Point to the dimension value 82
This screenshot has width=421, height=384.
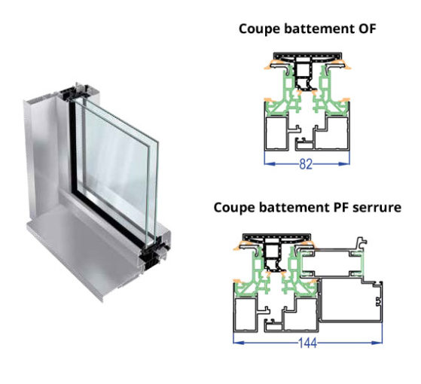pos(306,164)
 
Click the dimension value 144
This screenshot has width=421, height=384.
pos(308,343)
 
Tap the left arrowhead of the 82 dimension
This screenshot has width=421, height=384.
pos(270,163)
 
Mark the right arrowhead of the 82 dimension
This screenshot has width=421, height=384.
pos(344,163)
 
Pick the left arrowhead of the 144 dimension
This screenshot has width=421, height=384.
pos(239,343)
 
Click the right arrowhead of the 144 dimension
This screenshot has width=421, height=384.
pos(377,343)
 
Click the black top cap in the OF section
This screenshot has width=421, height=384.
pos(307,56)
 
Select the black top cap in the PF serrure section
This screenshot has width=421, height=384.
pos(276,237)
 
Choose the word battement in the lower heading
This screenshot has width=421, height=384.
pos(294,208)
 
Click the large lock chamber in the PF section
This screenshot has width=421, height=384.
pos(350,300)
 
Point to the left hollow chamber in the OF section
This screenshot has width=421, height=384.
pos(275,133)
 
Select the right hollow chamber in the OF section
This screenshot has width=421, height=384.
pos(333,133)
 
